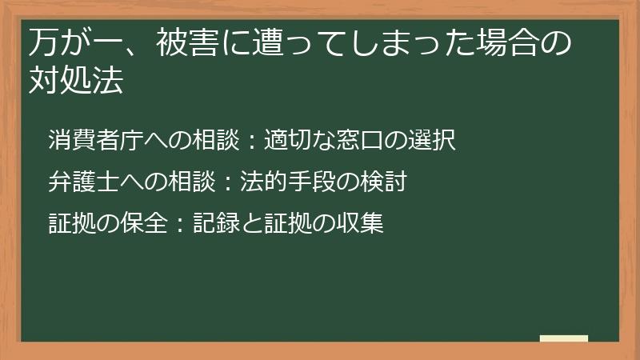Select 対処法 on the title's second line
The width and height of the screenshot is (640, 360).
[x=77, y=81]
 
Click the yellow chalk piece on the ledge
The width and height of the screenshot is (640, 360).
[x=564, y=338]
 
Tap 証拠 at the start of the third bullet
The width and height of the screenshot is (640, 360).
[x=70, y=223]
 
